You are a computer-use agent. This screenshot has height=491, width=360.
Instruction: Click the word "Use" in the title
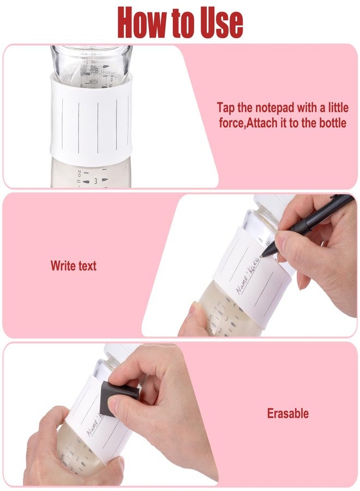click(x=218, y=22)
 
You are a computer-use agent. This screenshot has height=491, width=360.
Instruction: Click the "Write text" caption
click(x=73, y=266)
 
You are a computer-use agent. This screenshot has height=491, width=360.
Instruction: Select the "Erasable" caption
click(x=287, y=414)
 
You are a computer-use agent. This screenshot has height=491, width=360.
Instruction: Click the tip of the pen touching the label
click(x=263, y=254)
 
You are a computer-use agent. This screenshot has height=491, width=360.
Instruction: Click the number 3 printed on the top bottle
click(x=94, y=180)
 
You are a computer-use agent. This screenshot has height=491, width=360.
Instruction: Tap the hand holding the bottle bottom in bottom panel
click(x=55, y=453)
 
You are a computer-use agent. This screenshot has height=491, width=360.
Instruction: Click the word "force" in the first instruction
click(x=233, y=123)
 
